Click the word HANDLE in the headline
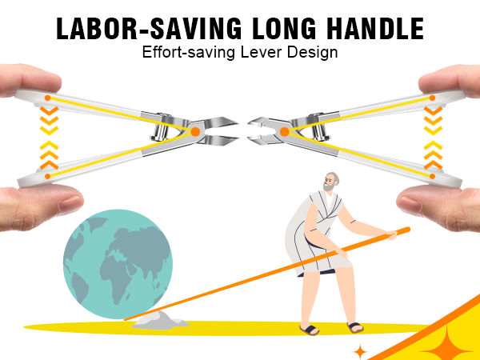tap(376, 29)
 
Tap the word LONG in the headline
tap(284, 29)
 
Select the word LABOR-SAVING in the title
tap(149, 29)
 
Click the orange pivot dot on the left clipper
tap(195, 132)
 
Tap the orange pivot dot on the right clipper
tap(284, 132)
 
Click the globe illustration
tap(118, 264)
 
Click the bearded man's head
tap(331, 182)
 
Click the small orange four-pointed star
tap(360, 351)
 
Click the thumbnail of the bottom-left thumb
tap(70, 203)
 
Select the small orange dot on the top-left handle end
tap(47, 98)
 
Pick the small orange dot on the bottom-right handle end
tap(432, 176)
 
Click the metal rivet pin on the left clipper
tap(160, 127)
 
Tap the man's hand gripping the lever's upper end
tap(391, 235)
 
